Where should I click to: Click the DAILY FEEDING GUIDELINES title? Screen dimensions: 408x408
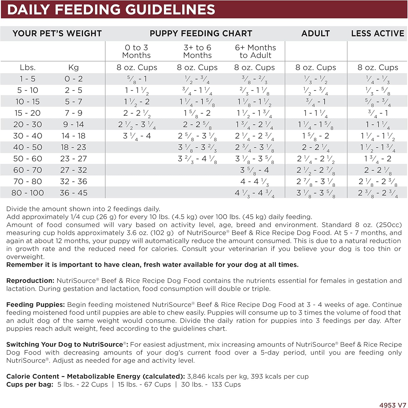(111, 9)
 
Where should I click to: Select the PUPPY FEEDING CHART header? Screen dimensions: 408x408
(201, 33)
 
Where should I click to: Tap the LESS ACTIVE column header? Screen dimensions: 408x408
(378, 33)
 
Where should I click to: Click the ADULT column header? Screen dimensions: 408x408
(315, 33)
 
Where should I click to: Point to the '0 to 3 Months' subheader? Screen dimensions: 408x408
(136, 51)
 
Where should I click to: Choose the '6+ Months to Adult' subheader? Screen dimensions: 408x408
(255, 51)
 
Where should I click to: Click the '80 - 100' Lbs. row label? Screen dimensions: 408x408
(27, 193)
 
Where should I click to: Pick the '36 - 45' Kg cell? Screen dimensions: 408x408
(73, 193)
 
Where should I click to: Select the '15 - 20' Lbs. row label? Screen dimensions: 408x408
(27, 113)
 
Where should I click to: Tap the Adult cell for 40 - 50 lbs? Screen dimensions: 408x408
(316, 147)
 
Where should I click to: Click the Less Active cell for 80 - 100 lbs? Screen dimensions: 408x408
(378, 193)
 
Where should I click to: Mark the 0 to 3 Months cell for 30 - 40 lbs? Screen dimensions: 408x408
(137, 136)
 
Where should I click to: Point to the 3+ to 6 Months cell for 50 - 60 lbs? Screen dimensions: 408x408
(197, 159)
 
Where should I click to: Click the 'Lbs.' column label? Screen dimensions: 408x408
(28, 67)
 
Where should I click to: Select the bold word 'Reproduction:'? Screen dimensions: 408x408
(30, 281)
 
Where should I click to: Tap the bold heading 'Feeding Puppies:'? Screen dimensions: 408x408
(35, 305)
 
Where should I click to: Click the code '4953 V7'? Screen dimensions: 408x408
(392, 405)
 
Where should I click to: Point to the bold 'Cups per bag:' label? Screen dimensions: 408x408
(30, 385)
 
